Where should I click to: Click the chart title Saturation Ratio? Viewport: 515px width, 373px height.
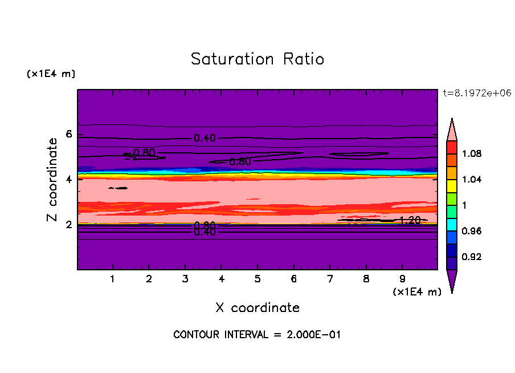click(x=257, y=59)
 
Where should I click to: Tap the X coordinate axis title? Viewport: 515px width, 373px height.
click(x=257, y=308)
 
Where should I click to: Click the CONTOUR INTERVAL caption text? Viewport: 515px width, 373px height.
click(x=257, y=335)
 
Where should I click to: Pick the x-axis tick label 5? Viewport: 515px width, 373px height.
click(x=257, y=279)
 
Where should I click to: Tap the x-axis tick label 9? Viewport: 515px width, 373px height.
click(x=403, y=279)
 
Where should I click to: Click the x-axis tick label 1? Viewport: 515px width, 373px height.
click(x=113, y=279)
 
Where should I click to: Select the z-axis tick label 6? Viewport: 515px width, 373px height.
click(x=69, y=134)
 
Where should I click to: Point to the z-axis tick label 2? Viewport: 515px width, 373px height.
click(x=69, y=224)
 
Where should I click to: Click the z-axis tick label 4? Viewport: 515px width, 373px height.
click(x=69, y=179)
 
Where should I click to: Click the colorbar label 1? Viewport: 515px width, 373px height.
click(x=471, y=205)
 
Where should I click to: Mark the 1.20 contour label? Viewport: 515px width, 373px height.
click(x=410, y=220)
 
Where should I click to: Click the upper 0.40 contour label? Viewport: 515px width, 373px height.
click(x=205, y=138)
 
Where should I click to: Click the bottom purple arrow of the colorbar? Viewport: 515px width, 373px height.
click(x=452, y=281)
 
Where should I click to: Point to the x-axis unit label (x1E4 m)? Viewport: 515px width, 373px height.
click(x=417, y=292)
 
